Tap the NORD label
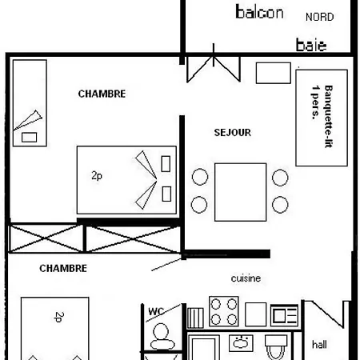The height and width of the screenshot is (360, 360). tap(320, 17)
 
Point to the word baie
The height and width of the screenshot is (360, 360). tap(311, 45)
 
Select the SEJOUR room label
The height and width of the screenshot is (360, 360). tap(234, 131)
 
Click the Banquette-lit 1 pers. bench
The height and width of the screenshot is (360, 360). tap(314, 115)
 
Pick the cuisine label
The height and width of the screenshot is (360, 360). tap(246, 278)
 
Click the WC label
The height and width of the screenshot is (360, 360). tap(156, 310)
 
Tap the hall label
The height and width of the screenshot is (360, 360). tap(319, 344)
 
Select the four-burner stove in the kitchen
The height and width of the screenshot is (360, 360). tap(223, 310)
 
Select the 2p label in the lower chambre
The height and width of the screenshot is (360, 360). tap(59, 318)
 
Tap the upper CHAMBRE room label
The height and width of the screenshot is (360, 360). tap(102, 94)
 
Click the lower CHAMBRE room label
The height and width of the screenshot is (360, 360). tap(62, 269)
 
